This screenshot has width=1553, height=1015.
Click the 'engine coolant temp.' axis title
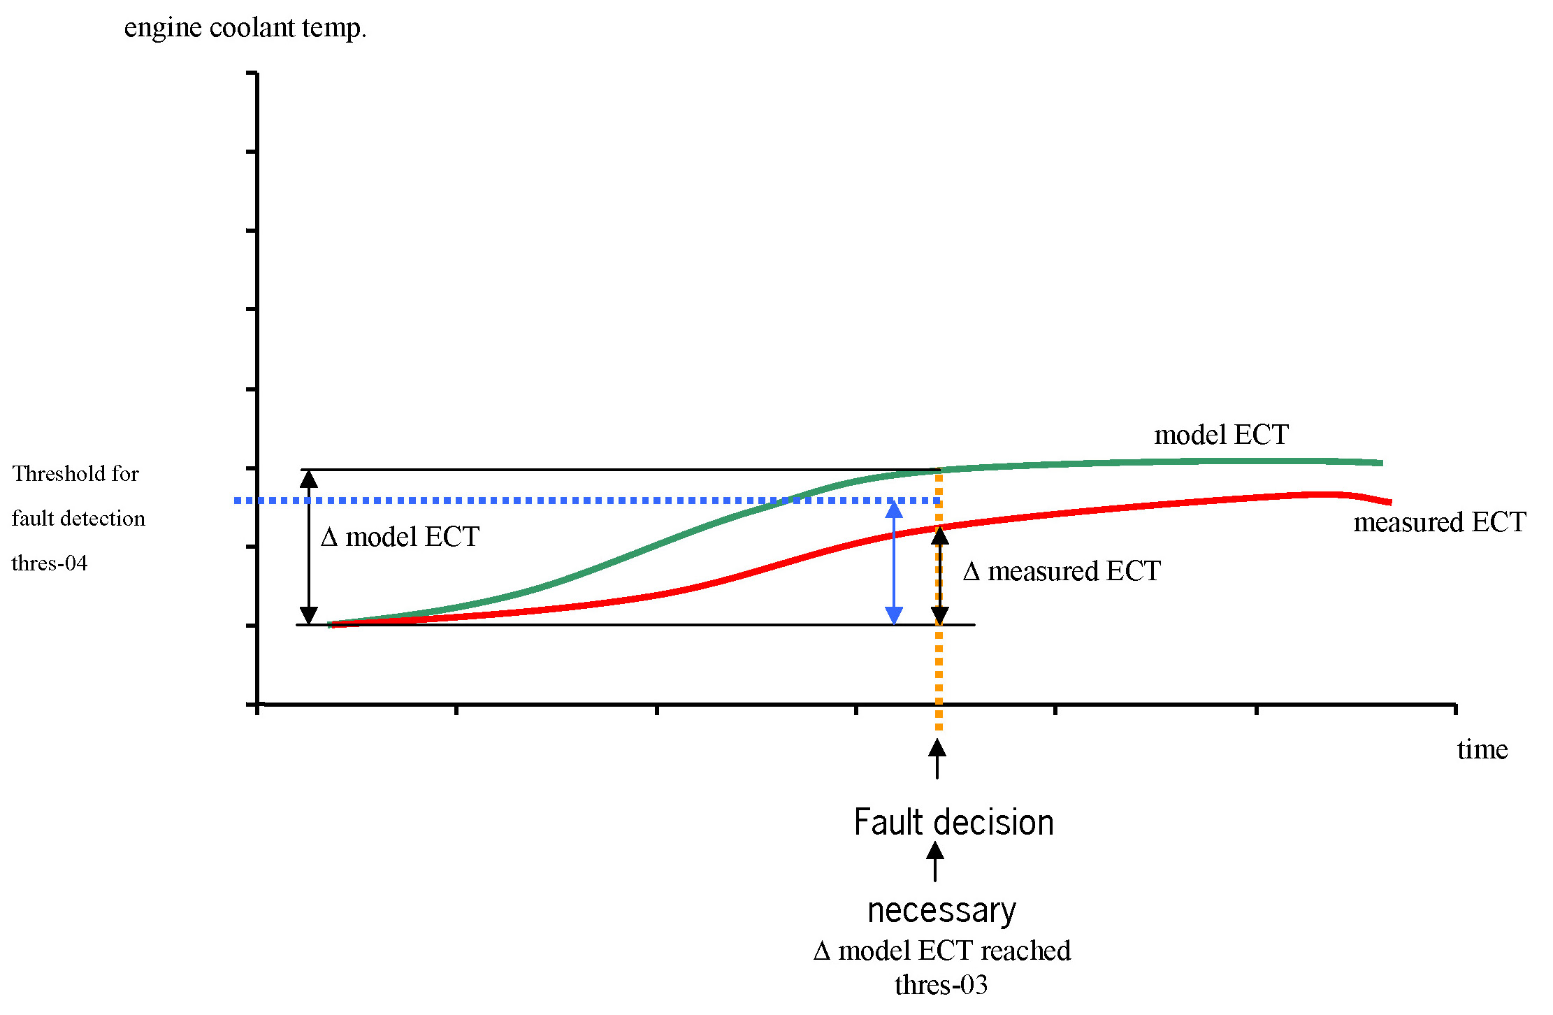245,28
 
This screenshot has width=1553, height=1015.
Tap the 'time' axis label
1482,750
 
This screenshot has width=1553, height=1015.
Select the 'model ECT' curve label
1221,435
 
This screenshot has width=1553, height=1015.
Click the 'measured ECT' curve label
1439,523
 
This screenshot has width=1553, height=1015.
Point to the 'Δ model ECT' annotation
400,538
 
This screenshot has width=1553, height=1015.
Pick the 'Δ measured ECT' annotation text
1062,572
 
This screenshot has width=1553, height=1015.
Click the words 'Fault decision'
953,823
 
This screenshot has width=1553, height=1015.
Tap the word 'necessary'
941,910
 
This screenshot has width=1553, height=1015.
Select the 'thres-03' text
941,986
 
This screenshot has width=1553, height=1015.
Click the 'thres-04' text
50,563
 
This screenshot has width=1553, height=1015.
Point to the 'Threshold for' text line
75,474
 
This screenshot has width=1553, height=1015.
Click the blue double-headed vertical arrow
894,563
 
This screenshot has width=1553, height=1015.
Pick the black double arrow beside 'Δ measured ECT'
940,575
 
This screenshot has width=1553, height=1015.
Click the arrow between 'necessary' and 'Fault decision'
935,861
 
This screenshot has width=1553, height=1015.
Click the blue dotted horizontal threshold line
559,501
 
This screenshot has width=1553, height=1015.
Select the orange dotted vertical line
939,671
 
